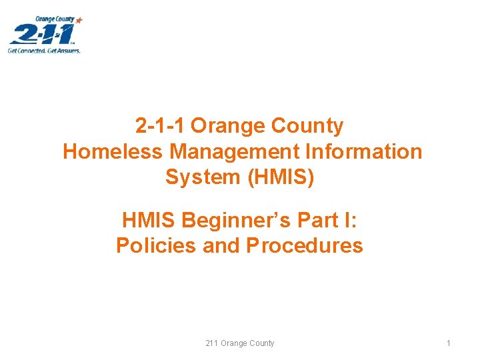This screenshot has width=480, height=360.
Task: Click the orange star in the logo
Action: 79,21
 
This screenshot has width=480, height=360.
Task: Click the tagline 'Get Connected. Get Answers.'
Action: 44,50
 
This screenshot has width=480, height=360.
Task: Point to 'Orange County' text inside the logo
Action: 55,19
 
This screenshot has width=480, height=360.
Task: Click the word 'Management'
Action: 234,152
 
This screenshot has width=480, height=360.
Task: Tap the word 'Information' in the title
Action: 364,152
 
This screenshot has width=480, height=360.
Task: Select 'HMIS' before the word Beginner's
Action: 149,219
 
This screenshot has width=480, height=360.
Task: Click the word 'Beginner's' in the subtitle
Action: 229,219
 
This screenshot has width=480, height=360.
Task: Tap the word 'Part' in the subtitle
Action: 305,219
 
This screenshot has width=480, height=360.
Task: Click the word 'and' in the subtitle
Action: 221,246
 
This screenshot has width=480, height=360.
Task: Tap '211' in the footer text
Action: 212,343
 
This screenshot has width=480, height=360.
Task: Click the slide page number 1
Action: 449,343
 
